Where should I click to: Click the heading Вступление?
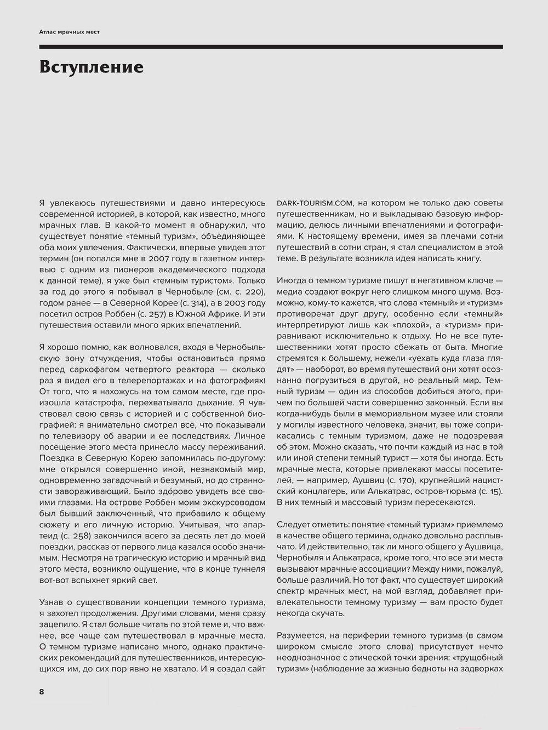(92, 67)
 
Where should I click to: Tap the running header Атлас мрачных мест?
(70, 32)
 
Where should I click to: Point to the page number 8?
(42, 691)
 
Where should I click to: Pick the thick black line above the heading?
(271, 47)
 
